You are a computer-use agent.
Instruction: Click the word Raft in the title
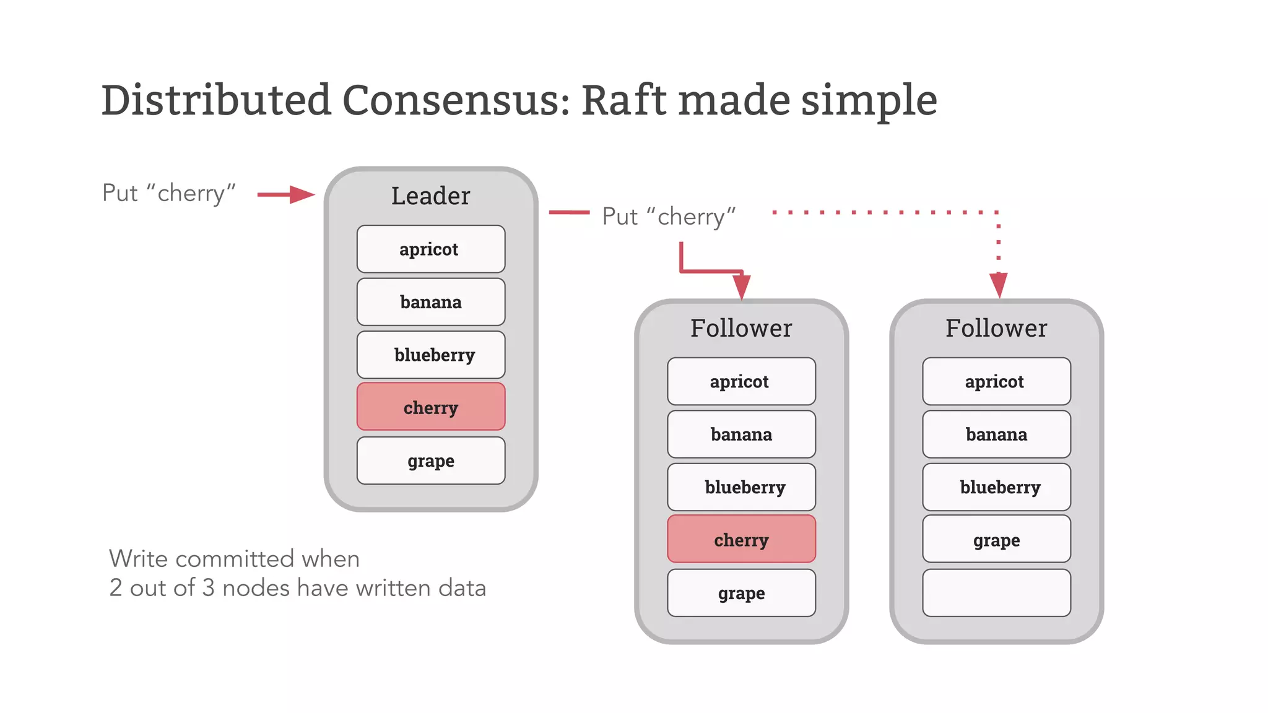[624, 100]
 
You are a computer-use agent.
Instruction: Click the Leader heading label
[430, 196]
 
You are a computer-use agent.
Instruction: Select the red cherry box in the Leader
[430, 407]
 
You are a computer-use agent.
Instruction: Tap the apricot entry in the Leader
[430, 249]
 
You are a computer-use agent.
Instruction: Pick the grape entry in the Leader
[430, 460]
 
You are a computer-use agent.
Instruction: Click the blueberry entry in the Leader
[430, 355]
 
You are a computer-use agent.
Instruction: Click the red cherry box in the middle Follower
[741, 539]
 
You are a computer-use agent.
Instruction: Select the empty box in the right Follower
[996, 593]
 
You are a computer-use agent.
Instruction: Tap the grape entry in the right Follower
[996, 540]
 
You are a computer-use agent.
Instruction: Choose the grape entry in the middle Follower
[741, 593]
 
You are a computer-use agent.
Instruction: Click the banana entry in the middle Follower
[741, 434]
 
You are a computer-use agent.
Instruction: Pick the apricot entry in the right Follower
[996, 381]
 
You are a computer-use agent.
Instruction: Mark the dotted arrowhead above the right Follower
[998, 285]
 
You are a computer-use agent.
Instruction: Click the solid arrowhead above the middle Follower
[741, 287]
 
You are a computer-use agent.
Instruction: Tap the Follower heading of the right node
[996, 328]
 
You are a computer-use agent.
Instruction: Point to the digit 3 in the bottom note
[208, 588]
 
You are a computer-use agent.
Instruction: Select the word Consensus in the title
[456, 100]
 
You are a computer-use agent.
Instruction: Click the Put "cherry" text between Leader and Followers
[669, 217]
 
